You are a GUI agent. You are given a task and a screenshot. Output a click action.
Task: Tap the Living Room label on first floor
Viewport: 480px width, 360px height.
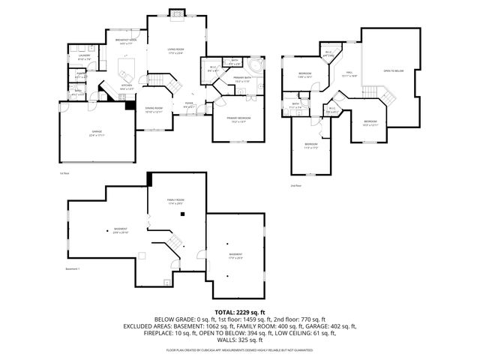coord(175,50)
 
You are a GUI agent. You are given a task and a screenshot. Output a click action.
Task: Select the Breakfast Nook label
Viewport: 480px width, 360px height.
coord(125,40)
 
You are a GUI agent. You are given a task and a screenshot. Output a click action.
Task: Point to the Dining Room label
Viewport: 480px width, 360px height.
coord(154,108)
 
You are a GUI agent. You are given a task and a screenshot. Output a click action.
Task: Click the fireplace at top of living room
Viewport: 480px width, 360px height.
coord(175,12)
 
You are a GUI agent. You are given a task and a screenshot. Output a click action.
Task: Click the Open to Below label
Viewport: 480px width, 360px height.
coord(394,71)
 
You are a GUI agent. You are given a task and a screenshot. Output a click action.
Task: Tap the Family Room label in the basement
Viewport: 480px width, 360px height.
coord(175,200)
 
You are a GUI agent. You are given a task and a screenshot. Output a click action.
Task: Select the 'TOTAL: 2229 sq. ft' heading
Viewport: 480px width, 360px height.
coord(240,311)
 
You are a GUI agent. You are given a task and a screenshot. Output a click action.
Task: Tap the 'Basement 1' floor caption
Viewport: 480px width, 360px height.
coord(73,268)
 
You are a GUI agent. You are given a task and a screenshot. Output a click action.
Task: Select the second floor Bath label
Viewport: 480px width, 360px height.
coord(296,105)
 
